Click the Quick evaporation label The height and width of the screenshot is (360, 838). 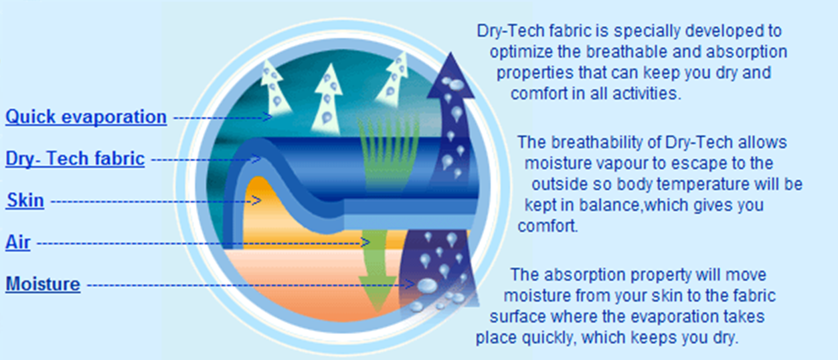tap(86, 117)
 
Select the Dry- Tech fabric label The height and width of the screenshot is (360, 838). tap(75, 159)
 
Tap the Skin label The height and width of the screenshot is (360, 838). tap(25, 200)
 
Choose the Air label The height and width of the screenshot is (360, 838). tap(17, 242)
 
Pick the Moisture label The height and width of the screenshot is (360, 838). tap(43, 284)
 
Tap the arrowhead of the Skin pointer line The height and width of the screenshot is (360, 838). tap(256, 201)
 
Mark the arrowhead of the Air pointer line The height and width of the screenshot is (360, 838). tap(365, 243)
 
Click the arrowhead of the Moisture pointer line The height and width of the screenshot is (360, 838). tap(410, 284)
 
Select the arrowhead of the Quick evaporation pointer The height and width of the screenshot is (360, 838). tap(268, 117)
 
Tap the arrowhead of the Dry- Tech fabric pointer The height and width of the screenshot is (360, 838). tap(256, 159)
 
